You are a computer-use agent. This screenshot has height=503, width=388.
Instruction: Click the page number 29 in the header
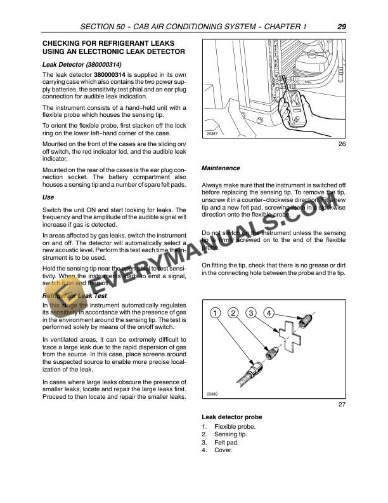pos(341,27)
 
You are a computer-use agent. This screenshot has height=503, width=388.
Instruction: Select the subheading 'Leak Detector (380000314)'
pos(82,65)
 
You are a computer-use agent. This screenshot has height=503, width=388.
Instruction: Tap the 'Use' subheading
pos(48,198)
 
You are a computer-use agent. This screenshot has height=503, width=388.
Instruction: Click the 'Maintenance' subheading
pos(220,168)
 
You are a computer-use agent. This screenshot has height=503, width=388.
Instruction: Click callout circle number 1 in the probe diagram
pos(216,312)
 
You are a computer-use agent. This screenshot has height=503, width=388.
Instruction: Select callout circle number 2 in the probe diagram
pos(234,312)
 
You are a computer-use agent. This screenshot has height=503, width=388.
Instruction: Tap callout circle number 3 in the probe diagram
pos(252,312)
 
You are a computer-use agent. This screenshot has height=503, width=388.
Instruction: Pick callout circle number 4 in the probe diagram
pos(269,312)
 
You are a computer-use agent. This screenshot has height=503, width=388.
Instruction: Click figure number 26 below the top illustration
pos(342,145)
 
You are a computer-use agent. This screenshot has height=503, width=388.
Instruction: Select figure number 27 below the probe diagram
pos(342,404)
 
